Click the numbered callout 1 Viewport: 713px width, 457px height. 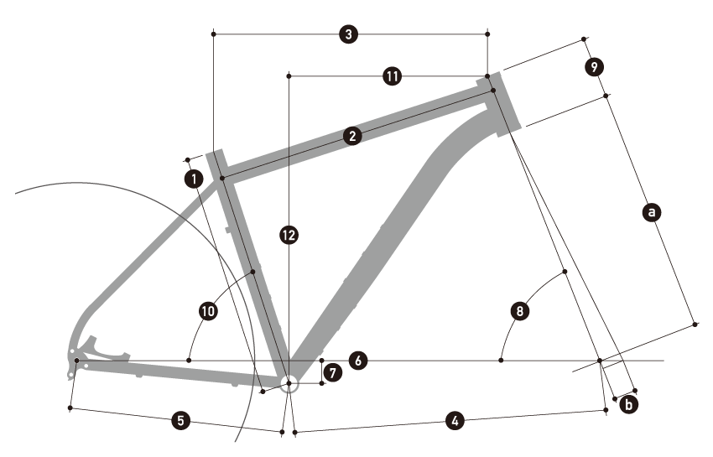pos(194,178)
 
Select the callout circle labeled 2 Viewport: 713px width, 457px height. pos(352,136)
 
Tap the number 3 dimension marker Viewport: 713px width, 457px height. pos(349,34)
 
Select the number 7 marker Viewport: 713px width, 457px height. pos(332,371)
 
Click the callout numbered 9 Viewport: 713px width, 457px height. pos(593,65)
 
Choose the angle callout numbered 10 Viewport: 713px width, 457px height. pos(208,311)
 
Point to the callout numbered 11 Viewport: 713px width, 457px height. pos(391,76)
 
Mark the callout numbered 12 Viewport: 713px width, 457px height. pos(289,236)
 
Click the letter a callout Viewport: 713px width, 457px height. pos(650,212)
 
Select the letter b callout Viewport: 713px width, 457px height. pos(630,404)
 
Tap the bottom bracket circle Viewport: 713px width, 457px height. pos(289,385)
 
